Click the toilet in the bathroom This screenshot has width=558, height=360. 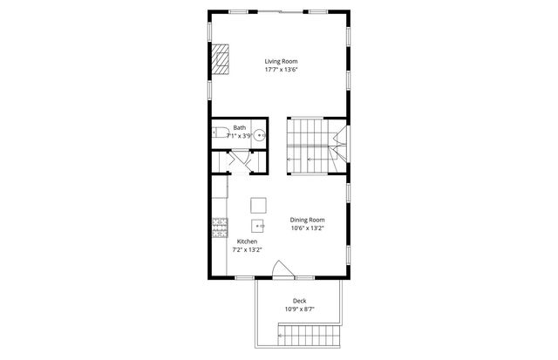point(219,134)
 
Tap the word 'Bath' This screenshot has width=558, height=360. point(239,128)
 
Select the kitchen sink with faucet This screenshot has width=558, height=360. point(258,225)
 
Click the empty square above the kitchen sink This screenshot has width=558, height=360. point(258,205)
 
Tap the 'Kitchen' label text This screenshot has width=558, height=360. point(247,241)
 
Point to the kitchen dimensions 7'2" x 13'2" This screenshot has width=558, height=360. point(247,250)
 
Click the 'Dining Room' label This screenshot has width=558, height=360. point(307,220)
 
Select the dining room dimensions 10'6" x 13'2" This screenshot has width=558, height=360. point(307,228)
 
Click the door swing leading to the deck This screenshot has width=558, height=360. point(279,270)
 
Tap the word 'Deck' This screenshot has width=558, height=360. point(299,301)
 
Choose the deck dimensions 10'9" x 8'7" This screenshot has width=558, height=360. point(299,309)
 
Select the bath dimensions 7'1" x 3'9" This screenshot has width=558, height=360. point(240,136)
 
